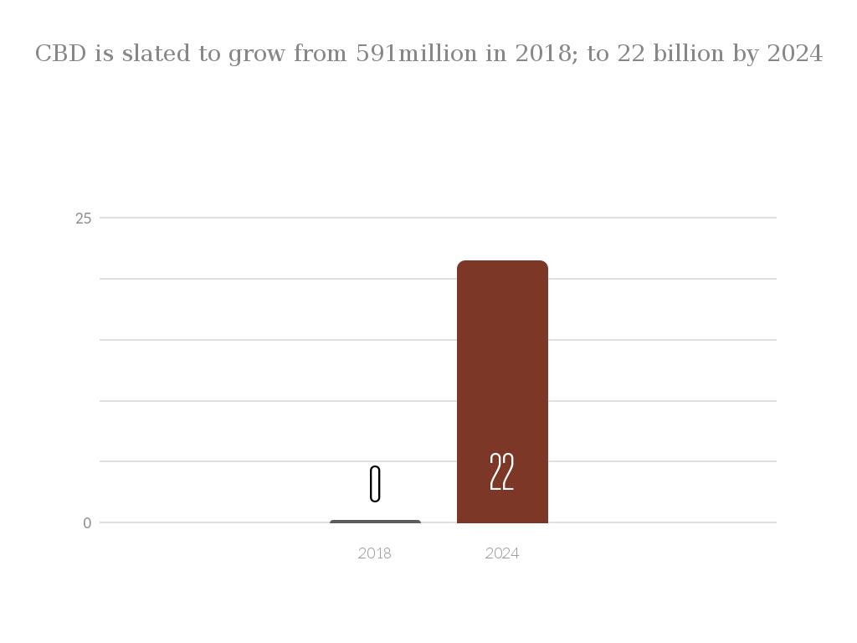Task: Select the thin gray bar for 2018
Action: tap(375, 522)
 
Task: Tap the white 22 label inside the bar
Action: tap(501, 472)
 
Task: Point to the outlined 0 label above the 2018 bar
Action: tap(375, 484)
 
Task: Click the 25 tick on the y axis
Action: tap(83, 219)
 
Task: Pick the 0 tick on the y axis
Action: tap(87, 523)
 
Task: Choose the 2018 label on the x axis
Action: tap(374, 553)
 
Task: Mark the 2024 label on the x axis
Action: tap(502, 553)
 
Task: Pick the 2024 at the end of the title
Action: tap(795, 54)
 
